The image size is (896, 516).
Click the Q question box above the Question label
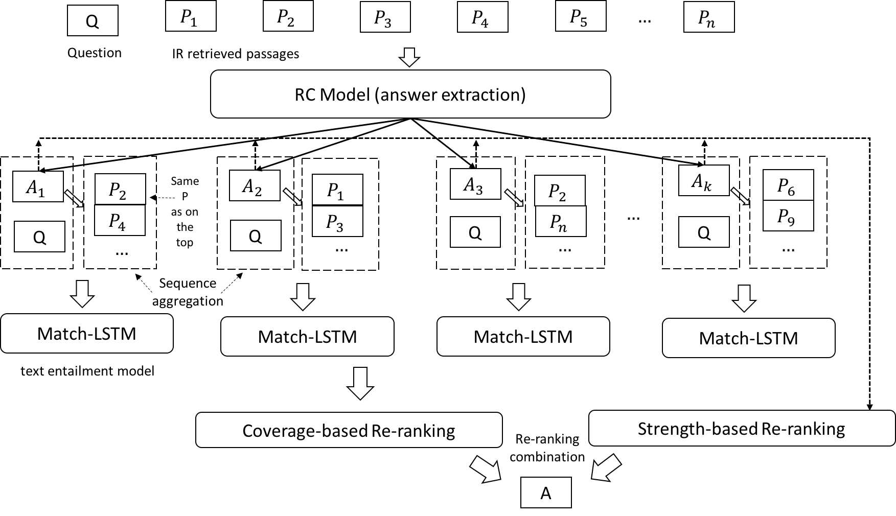click(x=93, y=20)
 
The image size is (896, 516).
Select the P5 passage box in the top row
click(x=581, y=16)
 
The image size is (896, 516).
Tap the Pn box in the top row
click(x=709, y=17)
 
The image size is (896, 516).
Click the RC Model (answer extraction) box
click(x=410, y=94)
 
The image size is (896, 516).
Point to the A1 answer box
click(x=38, y=186)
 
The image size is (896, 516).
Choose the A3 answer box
click(x=475, y=184)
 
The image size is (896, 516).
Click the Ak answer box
click(x=704, y=180)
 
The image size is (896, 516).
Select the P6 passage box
click(x=788, y=185)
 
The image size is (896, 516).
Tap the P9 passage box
click(x=788, y=216)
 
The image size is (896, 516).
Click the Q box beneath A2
click(x=256, y=236)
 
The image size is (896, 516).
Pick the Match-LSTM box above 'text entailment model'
click(x=87, y=334)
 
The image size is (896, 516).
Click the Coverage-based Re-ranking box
click(x=349, y=430)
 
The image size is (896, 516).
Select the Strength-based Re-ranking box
click(x=742, y=428)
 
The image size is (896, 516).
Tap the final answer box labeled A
click(x=546, y=492)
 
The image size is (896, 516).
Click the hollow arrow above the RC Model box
click(x=409, y=57)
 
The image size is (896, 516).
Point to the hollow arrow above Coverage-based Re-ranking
click(x=360, y=383)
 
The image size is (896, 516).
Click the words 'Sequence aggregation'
click(x=188, y=292)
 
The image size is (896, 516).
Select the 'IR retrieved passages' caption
click(x=236, y=54)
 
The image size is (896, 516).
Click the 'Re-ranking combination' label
click(x=547, y=448)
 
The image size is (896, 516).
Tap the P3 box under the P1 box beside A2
click(x=337, y=221)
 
